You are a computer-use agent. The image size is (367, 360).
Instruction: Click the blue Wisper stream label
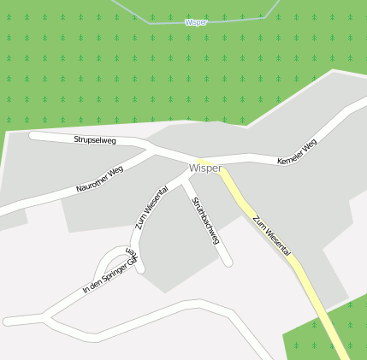pos(196,22)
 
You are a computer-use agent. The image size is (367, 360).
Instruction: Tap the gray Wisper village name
pos(206,168)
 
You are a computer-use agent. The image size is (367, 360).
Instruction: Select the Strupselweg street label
pos(95,139)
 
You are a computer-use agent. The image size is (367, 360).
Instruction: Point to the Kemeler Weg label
pos(297,152)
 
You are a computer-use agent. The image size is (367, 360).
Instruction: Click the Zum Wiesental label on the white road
pos(151,209)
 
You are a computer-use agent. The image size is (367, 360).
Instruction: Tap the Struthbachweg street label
pos(205,221)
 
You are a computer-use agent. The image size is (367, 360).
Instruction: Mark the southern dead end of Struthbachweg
pos(228,262)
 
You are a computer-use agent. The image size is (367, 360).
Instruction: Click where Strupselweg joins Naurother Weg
pos(153,151)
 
